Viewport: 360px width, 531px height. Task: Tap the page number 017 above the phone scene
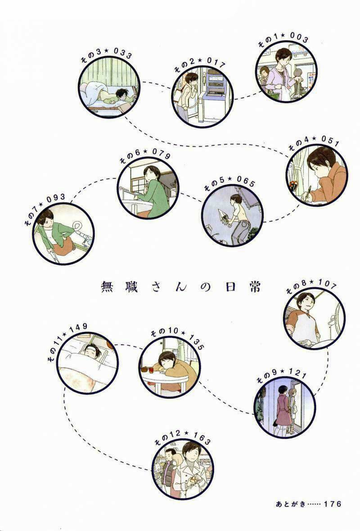click(215, 63)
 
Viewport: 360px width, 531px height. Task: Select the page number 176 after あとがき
click(332, 504)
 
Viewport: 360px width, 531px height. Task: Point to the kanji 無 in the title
click(107, 287)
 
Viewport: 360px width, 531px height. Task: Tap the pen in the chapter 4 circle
click(308, 193)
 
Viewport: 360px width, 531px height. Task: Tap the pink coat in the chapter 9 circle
click(283, 410)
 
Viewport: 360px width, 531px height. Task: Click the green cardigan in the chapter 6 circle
click(155, 197)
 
